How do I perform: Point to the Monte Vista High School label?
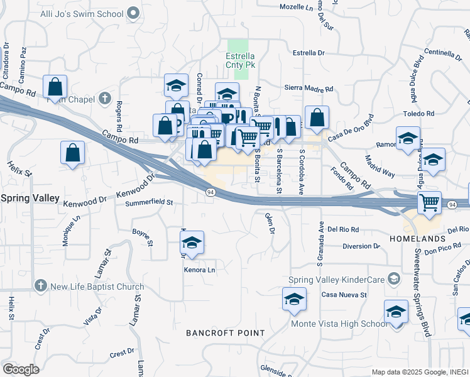click(x=339, y=324)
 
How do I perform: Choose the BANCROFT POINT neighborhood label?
click(x=225, y=332)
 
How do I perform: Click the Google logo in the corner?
click(x=21, y=369)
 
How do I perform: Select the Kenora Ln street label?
click(x=199, y=270)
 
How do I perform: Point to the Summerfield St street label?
click(x=149, y=203)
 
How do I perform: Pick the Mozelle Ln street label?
click(x=299, y=7)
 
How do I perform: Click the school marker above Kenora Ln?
click(x=192, y=243)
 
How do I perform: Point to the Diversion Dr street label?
click(x=361, y=246)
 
